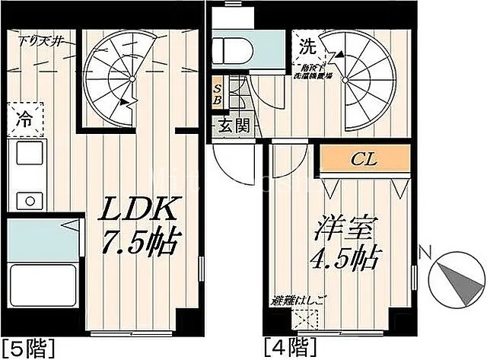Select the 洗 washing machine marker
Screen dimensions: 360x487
coord(308,45)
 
